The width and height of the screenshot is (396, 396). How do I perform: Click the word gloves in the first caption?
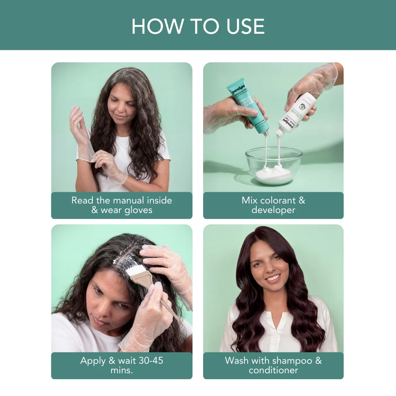tap(139, 210)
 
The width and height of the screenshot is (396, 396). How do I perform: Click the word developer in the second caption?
tap(273, 210)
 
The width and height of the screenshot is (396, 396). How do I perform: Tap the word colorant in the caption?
tap(273, 201)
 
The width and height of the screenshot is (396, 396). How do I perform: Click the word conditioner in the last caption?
tap(273, 370)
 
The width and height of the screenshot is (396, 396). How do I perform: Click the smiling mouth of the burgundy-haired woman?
tap(273, 278)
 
